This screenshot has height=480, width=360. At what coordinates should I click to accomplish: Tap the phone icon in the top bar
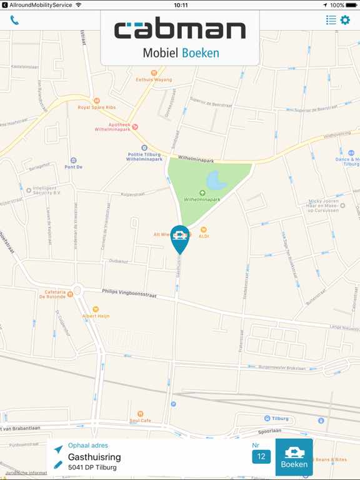[x=14, y=21]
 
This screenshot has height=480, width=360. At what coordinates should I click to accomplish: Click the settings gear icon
[x=345, y=21]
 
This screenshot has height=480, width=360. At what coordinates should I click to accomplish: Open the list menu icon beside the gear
[x=331, y=21]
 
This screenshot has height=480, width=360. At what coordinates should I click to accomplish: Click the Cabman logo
[x=180, y=29]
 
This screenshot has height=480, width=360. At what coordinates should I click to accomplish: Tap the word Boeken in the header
[x=200, y=53]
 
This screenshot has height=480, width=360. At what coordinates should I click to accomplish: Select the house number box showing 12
[x=261, y=456]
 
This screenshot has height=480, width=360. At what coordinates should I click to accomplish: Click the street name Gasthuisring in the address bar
[x=94, y=457]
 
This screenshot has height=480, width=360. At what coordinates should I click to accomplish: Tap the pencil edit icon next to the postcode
[x=58, y=466]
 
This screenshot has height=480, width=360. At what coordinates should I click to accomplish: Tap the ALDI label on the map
[x=203, y=236]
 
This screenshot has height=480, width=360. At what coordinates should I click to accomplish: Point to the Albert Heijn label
[x=96, y=316]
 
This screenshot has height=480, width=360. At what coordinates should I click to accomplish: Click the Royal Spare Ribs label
[x=97, y=107]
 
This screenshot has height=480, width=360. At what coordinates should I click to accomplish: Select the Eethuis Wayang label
[x=154, y=79]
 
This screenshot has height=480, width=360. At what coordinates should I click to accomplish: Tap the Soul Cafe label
[x=141, y=420]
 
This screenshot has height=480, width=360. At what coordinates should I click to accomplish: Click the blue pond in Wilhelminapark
[x=216, y=181]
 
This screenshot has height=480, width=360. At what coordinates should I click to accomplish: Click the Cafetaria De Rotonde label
[x=55, y=294]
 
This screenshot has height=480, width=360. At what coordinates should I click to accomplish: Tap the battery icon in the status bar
[x=351, y=5]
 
